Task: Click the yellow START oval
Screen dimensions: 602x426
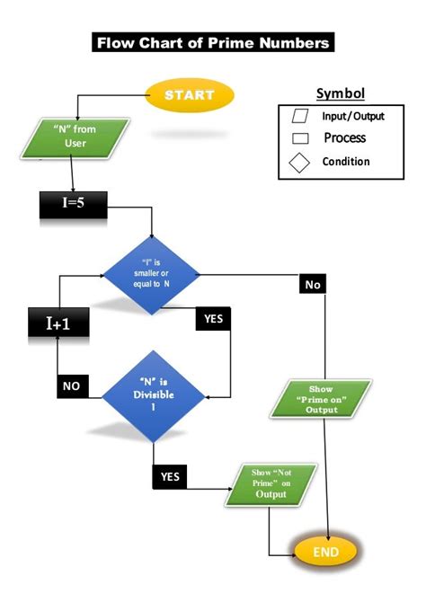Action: [189, 94]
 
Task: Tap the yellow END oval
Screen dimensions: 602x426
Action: [325, 550]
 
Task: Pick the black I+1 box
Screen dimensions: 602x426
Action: [58, 323]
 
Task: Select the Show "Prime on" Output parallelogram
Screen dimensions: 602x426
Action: [321, 398]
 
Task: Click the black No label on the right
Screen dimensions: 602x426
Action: [313, 284]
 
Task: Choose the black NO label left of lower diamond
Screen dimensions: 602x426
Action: [72, 386]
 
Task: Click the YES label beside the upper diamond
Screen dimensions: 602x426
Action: [213, 318]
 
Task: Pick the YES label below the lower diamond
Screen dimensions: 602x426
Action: [170, 476]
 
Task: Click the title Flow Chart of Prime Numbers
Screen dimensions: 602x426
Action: [213, 42]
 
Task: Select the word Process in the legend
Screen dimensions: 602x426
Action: [344, 138]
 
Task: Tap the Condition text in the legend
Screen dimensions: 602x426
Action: [345, 162]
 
